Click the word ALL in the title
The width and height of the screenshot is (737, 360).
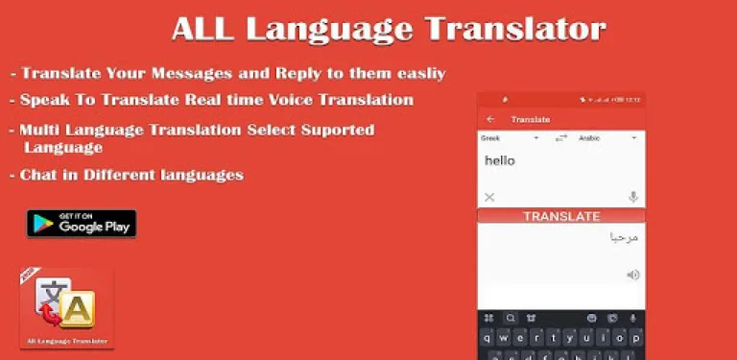(x=203, y=29)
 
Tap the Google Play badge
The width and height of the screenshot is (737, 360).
(x=82, y=223)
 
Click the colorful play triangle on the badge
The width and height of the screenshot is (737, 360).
(x=43, y=224)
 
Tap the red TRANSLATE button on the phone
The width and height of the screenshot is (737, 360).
(x=561, y=217)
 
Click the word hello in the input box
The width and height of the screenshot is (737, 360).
(x=500, y=161)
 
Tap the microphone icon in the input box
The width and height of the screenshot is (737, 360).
(x=633, y=197)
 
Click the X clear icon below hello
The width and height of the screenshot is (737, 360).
(x=489, y=197)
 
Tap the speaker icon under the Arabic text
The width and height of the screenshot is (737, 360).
(x=633, y=275)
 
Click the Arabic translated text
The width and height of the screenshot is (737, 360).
(x=624, y=237)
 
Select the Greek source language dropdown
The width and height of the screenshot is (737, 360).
(x=509, y=138)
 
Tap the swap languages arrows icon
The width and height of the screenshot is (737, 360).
(x=561, y=138)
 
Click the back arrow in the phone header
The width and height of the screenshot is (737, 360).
(x=491, y=119)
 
